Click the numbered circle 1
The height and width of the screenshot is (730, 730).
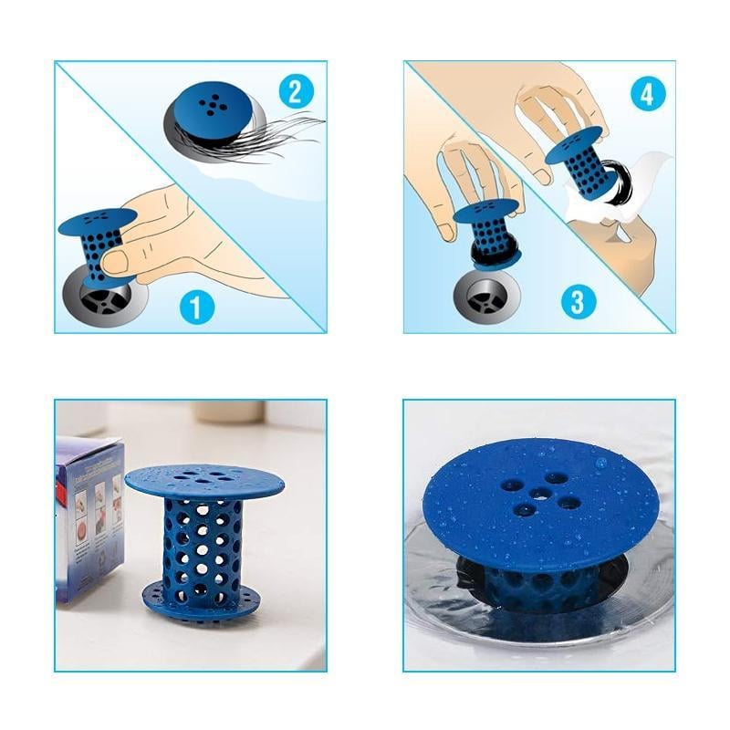[196, 307]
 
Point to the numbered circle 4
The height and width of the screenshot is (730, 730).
[646, 94]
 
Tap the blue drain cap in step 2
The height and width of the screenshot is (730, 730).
[211, 109]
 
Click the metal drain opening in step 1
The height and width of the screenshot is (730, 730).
[101, 297]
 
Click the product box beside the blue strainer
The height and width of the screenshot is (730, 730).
[89, 516]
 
